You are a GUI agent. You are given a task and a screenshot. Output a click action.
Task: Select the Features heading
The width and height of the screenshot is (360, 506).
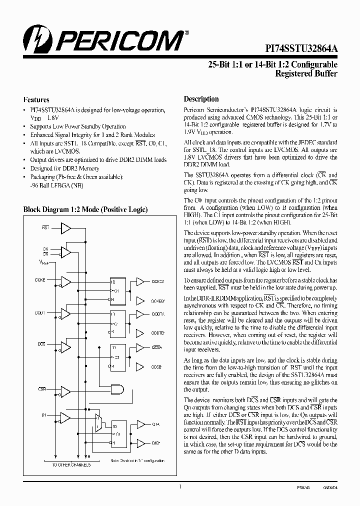pyautogui.click(x=36, y=99)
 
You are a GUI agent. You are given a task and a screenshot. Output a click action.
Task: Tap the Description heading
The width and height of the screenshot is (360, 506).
pyautogui.click(x=201, y=99)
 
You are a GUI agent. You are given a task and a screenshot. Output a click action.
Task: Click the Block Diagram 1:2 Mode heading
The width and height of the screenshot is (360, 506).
pyautogui.click(x=85, y=210)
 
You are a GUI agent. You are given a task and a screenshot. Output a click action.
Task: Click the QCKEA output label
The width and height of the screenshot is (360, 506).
pyautogui.click(x=158, y=282)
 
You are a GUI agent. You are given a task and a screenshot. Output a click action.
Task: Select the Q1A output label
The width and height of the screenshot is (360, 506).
pyautogui.click(x=155, y=424)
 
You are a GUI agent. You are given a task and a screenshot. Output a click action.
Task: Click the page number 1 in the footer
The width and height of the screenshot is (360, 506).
pyautogui.click(x=179, y=486)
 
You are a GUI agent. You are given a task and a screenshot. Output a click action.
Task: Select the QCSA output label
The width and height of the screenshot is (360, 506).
pyautogui.click(x=156, y=346)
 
